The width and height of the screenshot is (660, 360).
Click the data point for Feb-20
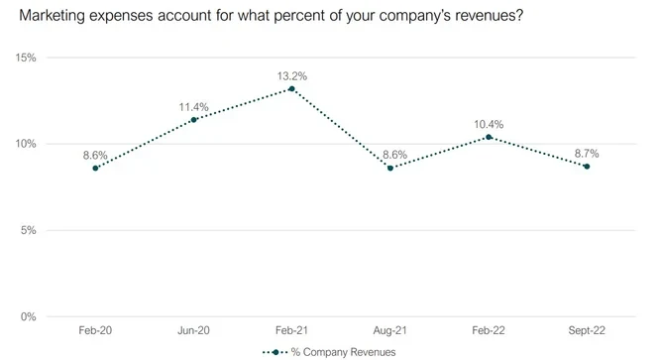95,169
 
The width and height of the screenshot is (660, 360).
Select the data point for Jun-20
193,120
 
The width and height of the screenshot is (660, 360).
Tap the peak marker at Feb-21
291,89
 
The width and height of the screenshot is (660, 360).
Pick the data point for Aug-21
390,169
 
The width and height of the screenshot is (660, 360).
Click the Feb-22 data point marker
489,137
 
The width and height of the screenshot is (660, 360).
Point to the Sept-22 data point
587,167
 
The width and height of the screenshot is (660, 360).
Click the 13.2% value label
291,74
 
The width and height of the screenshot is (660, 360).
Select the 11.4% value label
193,106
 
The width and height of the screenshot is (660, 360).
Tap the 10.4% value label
489,124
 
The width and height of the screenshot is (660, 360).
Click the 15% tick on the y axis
27,58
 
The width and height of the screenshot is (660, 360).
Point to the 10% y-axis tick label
27,144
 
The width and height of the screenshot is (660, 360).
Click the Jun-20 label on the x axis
193,331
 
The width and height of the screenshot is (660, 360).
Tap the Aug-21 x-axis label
390,331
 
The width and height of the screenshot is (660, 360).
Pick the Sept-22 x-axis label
587,331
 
